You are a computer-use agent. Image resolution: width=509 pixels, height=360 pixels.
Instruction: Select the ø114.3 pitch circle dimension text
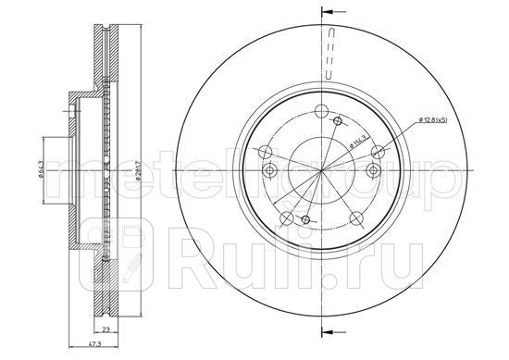(x=354, y=141)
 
